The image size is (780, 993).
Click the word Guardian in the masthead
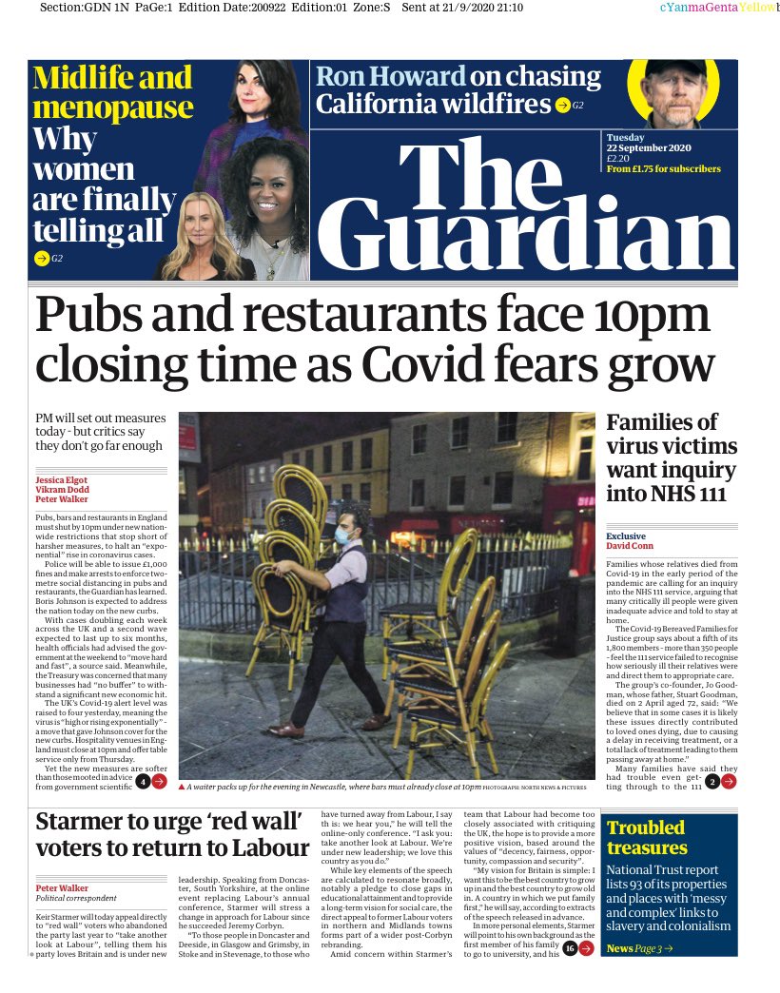[x=524, y=233]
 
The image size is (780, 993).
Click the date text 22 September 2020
[x=649, y=147]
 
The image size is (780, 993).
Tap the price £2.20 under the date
[x=620, y=158]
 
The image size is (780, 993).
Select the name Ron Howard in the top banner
[x=391, y=77]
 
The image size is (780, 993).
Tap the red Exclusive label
[x=626, y=536]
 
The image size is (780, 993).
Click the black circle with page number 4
[x=141, y=782]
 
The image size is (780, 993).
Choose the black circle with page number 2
[x=711, y=782]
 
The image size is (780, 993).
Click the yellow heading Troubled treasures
[x=647, y=838]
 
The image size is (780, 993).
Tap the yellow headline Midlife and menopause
[x=112, y=91]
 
